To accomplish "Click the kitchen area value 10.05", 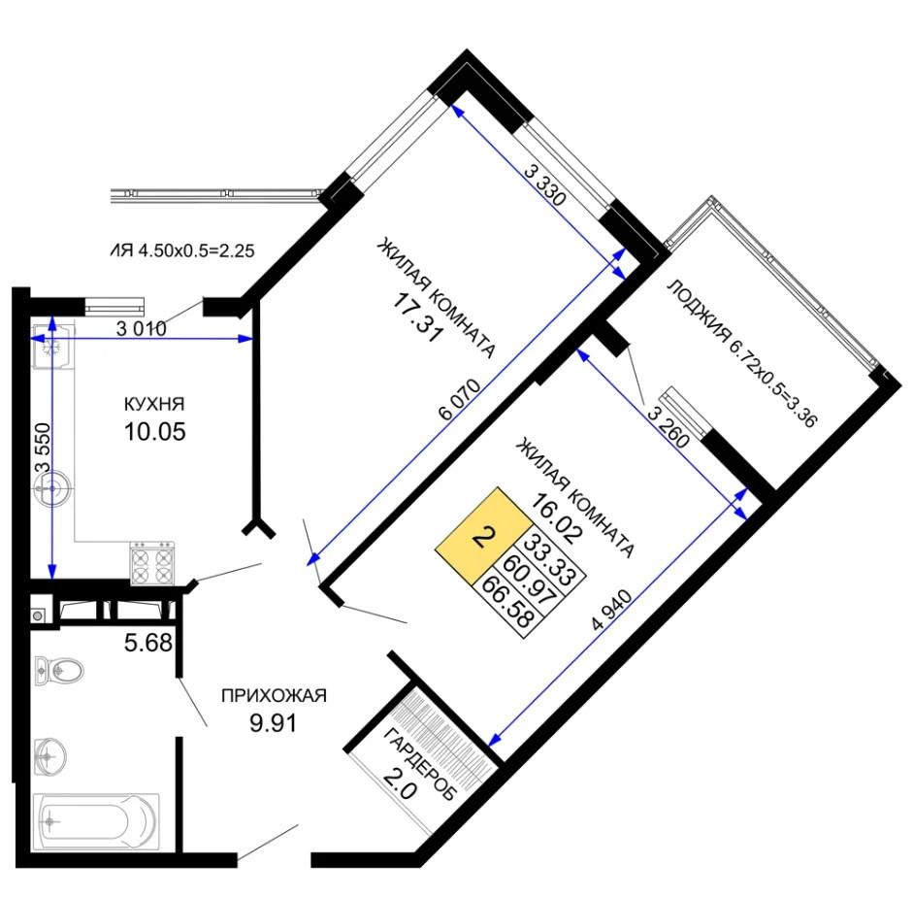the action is (155, 432).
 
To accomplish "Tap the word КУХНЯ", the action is (154, 403).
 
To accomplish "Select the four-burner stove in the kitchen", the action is (152, 563).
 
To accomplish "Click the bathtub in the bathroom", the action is (96, 821).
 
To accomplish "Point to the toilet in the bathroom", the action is (58, 670).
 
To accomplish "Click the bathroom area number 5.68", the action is (148, 643).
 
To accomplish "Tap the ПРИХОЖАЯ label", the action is (274, 695).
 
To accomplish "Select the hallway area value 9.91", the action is (273, 723).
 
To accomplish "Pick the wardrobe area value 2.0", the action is (400, 782).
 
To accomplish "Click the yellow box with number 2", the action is (482, 536).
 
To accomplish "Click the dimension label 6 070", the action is (460, 399).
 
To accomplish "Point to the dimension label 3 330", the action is (545, 184).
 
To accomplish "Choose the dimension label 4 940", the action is (611, 610).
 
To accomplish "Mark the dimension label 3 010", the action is (142, 329).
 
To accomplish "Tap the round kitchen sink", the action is (53, 486).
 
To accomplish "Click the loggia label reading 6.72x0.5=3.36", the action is (742, 353).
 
